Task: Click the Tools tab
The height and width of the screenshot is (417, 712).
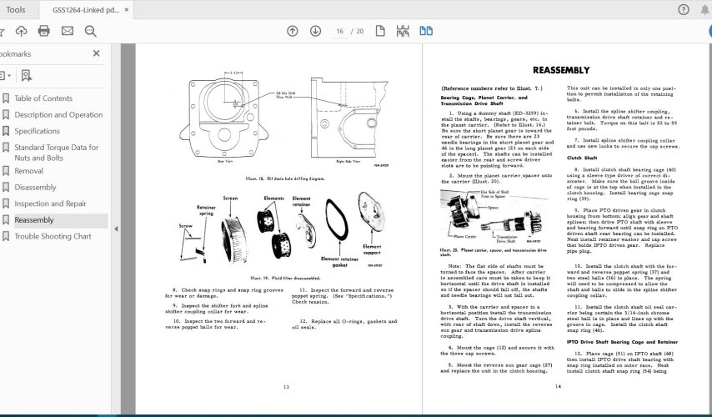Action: click(x=15, y=9)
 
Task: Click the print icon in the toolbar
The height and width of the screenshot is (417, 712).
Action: click(x=44, y=31)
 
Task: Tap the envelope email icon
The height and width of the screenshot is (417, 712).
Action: click(x=68, y=31)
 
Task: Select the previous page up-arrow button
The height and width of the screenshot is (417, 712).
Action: click(x=292, y=31)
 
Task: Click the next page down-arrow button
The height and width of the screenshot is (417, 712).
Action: click(x=315, y=31)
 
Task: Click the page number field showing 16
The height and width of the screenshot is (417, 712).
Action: click(x=340, y=31)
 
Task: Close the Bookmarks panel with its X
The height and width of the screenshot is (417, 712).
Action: click(x=96, y=53)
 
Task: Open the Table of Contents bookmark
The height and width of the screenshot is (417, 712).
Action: click(x=43, y=98)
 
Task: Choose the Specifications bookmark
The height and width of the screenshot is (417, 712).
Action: click(x=37, y=131)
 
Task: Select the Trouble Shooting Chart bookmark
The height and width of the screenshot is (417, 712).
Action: click(x=53, y=236)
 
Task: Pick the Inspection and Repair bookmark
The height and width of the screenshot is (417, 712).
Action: click(x=50, y=203)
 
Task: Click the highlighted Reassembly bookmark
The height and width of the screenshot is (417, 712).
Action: click(x=33, y=220)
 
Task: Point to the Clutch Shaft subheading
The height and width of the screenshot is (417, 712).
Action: click(x=583, y=157)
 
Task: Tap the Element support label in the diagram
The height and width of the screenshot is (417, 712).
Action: click(x=373, y=250)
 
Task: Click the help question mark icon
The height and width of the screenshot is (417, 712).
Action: click(x=682, y=9)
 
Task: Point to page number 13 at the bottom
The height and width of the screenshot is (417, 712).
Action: click(x=285, y=387)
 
